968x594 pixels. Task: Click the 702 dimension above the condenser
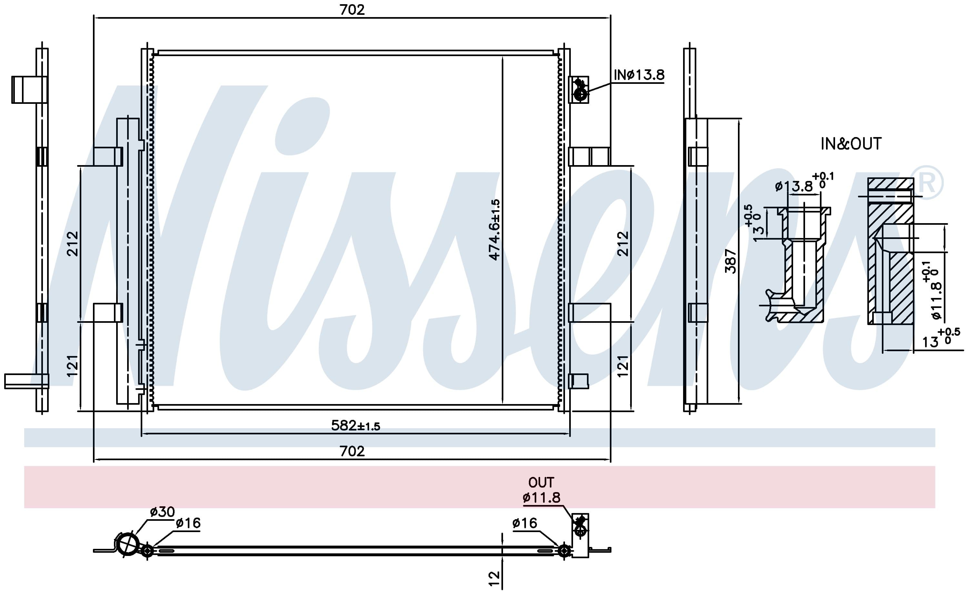352,9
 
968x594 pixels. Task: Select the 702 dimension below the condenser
352,451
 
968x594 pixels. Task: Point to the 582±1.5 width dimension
356,425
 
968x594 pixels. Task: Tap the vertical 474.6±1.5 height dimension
495,230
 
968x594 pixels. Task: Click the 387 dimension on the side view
731,261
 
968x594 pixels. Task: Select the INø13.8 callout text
639,74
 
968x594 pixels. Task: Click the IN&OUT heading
851,144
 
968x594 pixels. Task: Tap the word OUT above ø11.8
541,482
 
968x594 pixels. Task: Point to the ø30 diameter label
162,511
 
